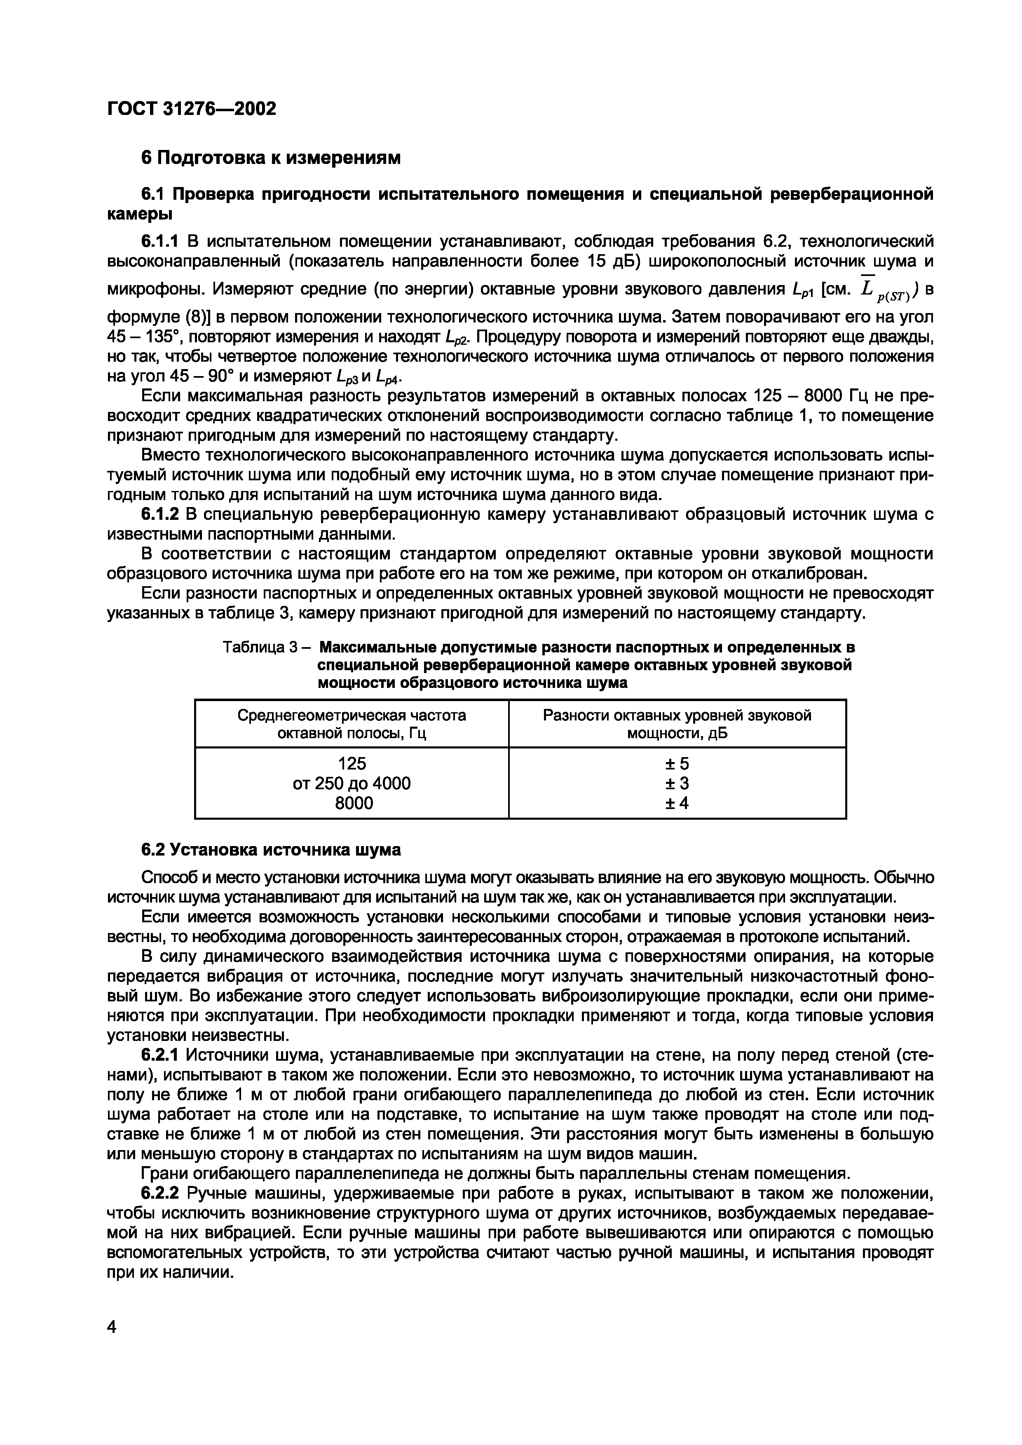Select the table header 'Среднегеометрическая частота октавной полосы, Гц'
point(352,724)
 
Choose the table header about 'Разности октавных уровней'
point(677,724)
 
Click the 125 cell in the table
point(352,763)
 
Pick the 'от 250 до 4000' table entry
point(352,783)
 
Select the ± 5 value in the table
point(677,763)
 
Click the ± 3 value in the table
point(677,783)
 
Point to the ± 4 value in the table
point(677,803)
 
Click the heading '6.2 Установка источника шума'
point(270,850)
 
